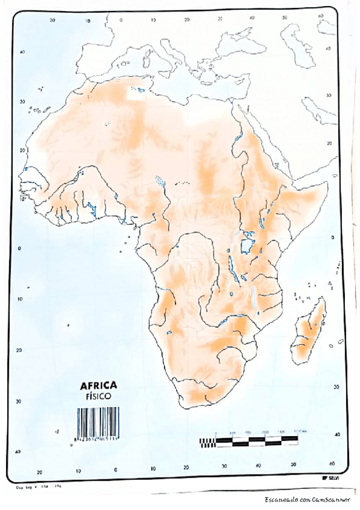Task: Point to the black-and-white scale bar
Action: pos(249,442)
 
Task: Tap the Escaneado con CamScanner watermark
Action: pos(307,499)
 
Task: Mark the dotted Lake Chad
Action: pos(160,180)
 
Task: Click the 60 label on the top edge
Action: pos(319,16)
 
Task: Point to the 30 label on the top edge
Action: pos(220,19)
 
